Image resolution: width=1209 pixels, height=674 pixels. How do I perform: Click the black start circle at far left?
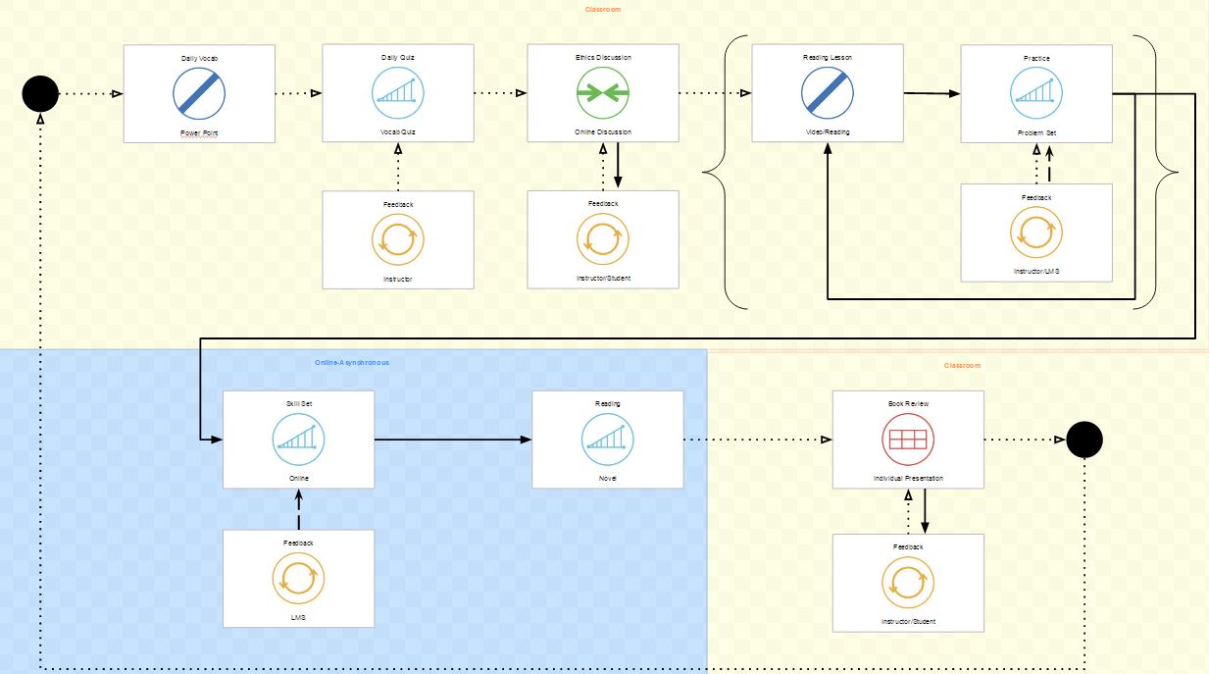tap(40, 94)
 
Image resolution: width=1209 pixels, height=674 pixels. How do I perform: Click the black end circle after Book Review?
tap(1084, 440)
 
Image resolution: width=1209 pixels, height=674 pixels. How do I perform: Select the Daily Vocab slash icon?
tap(199, 94)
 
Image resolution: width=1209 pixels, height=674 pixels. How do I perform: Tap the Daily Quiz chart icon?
tap(398, 94)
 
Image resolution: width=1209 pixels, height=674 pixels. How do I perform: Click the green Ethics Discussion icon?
tap(602, 94)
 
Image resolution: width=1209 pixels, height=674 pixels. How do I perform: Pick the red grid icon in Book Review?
tap(907, 439)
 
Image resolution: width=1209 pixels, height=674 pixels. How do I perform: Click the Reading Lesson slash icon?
tap(828, 94)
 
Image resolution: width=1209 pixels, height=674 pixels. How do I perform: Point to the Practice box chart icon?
tap(1036, 94)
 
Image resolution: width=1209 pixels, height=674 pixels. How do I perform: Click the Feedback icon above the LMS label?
tap(298, 580)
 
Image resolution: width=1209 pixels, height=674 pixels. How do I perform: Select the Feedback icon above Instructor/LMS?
tap(1036, 233)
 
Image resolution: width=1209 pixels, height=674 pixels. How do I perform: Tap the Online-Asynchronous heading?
tap(351, 363)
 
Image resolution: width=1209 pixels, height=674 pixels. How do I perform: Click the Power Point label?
tap(199, 132)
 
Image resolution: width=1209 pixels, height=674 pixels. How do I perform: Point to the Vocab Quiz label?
tap(398, 131)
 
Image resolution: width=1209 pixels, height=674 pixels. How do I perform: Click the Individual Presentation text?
tap(908, 478)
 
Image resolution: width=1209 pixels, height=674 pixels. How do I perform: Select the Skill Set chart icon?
tap(298, 439)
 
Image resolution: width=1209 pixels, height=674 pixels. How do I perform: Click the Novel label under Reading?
tap(608, 478)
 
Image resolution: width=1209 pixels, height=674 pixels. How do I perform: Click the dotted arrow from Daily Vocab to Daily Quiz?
tap(298, 94)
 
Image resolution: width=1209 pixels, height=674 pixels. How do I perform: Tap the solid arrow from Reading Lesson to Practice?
tap(932, 94)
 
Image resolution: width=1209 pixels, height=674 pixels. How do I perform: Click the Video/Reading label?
tap(828, 131)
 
